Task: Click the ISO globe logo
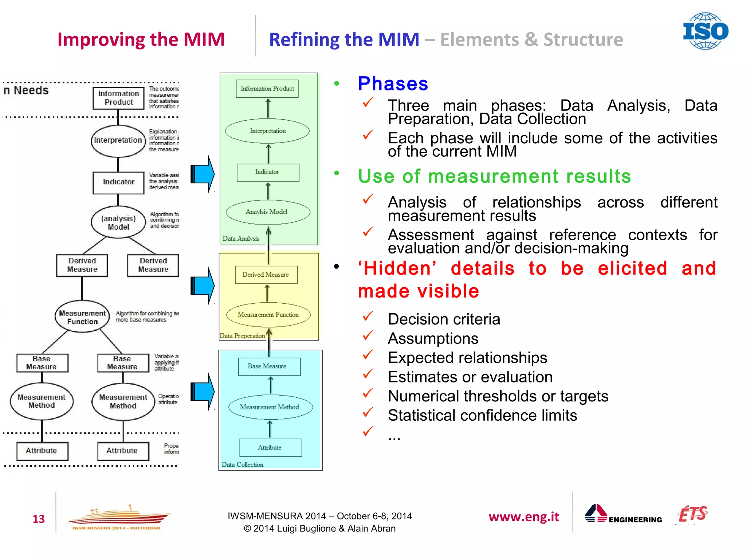tap(705, 31)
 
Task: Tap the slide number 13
tap(39, 518)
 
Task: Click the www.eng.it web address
tap(523, 517)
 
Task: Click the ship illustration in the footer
tap(118, 516)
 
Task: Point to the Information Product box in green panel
tap(267, 89)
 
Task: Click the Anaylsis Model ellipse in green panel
tap(268, 212)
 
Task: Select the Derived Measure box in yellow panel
tap(266, 275)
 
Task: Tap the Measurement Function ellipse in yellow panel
tap(268, 315)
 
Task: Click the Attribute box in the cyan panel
tap(270, 447)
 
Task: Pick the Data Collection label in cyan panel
tap(243, 464)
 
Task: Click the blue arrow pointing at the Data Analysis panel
tap(203, 174)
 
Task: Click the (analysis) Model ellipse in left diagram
tap(118, 222)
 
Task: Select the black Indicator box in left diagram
tap(118, 182)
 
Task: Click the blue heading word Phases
tap(393, 84)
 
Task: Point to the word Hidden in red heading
tap(397, 269)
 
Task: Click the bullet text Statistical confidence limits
tap(482, 416)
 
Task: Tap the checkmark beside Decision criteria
tap(368, 316)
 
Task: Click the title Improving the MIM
tap(141, 39)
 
